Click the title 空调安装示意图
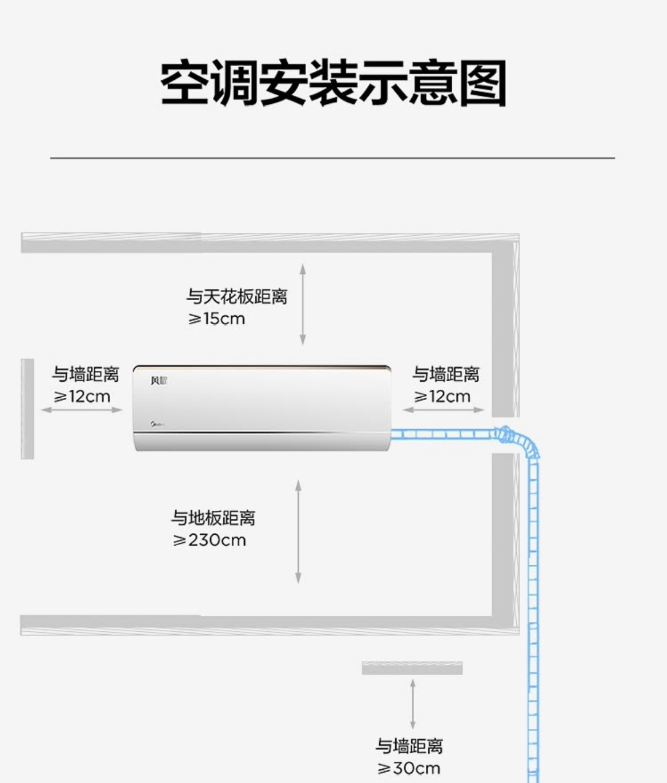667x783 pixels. (x=333, y=83)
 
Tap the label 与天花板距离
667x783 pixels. (x=236, y=297)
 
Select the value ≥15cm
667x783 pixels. (x=216, y=319)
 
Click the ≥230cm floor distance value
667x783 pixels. (x=210, y=540)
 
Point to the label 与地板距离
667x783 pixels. (x=214, y=518)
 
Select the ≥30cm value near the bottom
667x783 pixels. (x=409, y=768)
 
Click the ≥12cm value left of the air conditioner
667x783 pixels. (x=82, y=397)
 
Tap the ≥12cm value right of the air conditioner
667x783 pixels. (x=443, y=397)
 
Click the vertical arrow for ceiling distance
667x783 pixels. (x=303, y=304)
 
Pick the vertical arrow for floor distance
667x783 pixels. (x=298, y=531)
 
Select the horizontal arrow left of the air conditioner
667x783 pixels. (x=82, y=410)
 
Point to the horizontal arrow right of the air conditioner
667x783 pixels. (x=443, y=410)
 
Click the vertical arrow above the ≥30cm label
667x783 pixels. (x=412, y=704)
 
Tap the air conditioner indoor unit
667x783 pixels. (x=262, y=407)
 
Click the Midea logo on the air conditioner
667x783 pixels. (x=158, y=425)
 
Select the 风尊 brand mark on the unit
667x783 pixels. (x=159, y=381)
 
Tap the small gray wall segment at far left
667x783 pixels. (x=27, y=409)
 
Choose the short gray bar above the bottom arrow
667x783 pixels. (x=412, y=668)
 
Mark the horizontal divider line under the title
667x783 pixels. (x=332, y=158)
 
